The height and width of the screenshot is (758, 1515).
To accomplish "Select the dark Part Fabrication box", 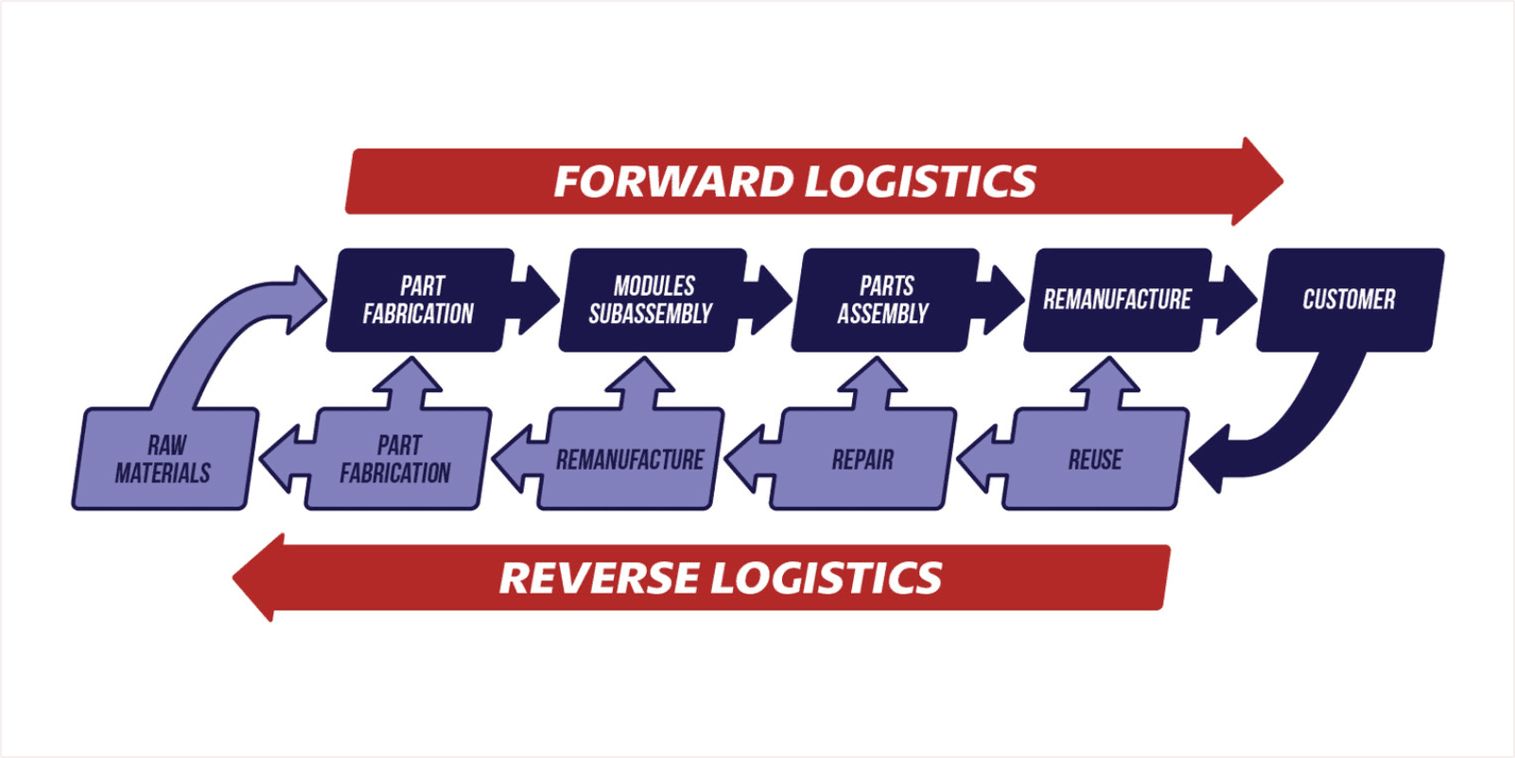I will [419, 300].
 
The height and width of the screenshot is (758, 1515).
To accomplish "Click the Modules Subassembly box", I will [652, 300].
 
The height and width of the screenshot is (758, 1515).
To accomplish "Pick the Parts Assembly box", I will [883, 300].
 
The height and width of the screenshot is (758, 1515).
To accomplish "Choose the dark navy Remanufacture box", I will [1117, 300].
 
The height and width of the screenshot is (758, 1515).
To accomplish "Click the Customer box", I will [1350, 300].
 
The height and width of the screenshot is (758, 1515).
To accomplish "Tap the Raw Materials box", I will [164, 459].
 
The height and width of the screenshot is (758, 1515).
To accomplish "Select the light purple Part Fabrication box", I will [396, 459].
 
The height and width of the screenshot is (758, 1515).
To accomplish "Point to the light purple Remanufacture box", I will [630, 460].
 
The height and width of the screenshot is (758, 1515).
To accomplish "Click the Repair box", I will [862, 460].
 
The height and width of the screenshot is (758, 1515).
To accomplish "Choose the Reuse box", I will [1095, 460].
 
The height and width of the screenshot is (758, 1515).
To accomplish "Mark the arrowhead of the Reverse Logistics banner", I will [260, 577].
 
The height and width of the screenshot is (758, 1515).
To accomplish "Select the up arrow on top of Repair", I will [873, 383].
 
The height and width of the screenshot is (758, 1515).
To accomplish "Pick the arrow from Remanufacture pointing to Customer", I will [1231, 300].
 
